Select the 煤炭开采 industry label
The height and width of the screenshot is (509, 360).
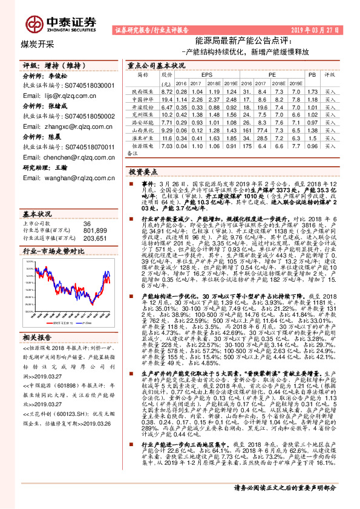click(x=38, y=44)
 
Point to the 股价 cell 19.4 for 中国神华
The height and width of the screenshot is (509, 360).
click(x=167, y=99)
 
